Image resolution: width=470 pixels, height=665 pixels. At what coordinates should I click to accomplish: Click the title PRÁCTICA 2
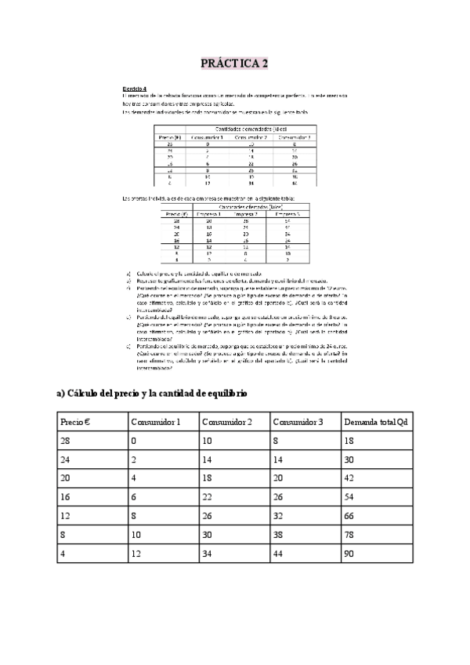click(234, 63)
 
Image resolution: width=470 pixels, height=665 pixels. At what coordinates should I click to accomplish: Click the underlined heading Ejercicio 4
click(135, 88)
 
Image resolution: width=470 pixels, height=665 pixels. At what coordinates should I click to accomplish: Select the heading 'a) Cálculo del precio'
click(152, 393)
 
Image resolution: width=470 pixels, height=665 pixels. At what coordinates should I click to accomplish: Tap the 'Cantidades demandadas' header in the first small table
click(251, 129)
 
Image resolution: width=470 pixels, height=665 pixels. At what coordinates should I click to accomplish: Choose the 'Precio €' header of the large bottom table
click(75, 422)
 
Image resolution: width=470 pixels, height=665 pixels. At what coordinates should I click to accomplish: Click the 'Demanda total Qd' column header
click(375, 422)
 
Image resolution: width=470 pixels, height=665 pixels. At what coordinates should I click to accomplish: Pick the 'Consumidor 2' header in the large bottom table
click(226, 422)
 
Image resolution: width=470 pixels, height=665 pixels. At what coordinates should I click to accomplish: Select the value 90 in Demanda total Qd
click(349, 553)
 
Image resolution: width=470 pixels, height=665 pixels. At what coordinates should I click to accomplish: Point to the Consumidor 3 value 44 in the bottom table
click(280, 553)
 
